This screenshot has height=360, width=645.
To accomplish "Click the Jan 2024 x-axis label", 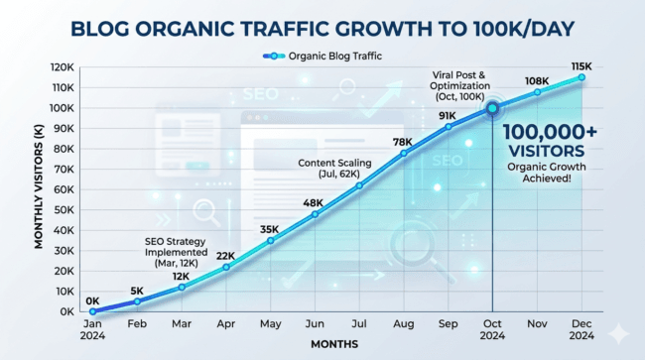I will tap(93, 328).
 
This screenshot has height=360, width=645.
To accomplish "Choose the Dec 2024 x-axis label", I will tap(581, 328).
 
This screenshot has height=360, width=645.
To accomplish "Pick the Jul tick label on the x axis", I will tap(359, 323).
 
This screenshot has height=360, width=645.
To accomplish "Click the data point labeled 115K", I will tap(581, 76).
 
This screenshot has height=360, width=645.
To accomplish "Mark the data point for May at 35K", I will tap(270, 240).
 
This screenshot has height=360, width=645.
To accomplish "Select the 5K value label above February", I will tap(136, 289).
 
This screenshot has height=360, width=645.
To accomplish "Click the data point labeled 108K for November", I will tap(537, 92).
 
